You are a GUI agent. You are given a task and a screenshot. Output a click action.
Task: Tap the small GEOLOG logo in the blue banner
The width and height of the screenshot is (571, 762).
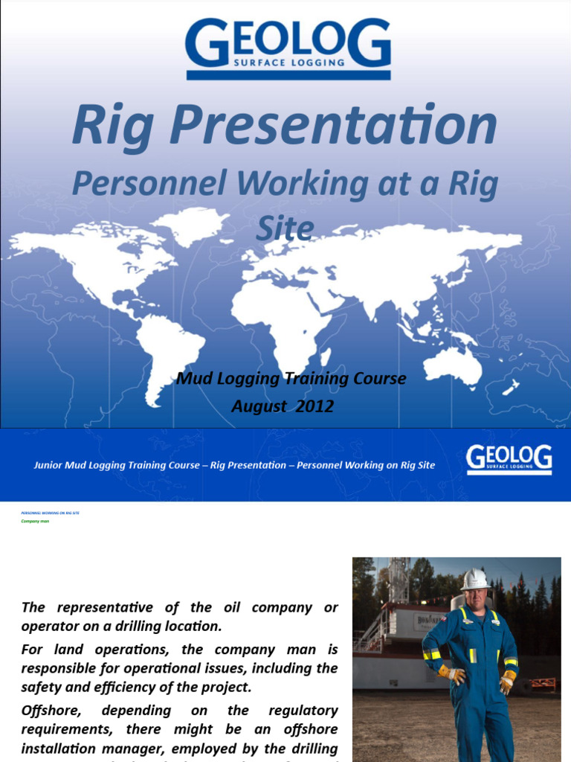[x=509, y=459]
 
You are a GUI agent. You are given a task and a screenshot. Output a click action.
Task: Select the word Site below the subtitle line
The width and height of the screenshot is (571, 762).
[x=284, y=228]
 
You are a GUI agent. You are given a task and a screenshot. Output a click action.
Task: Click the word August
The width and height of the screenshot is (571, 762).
[x=258, y=406]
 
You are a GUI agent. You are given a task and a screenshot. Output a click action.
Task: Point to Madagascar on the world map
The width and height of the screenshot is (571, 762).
[x=325, y=356]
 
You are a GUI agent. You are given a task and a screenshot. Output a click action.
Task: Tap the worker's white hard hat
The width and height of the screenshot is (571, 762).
[x=474, y=579]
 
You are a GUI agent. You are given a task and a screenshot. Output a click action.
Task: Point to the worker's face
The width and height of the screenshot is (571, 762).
[x=474, y=598]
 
